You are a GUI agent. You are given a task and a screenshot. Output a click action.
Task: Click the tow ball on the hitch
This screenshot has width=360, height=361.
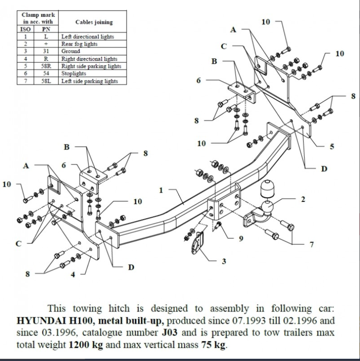[268, 206]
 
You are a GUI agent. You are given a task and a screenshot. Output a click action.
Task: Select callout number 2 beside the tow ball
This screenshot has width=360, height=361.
[302, 199]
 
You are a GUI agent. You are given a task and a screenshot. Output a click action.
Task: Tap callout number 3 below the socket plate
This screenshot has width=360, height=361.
[224, 262]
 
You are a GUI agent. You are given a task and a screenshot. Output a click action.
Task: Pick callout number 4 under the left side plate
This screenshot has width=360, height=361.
[73, 275]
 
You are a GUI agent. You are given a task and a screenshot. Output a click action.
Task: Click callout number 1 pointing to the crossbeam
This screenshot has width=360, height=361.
[161, 190]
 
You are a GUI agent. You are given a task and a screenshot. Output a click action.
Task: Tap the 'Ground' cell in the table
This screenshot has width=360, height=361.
[70, 51]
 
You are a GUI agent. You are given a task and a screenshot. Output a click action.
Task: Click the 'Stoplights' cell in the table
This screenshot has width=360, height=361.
[73, 74]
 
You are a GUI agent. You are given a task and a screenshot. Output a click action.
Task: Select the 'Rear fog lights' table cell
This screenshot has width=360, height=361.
[79, 44]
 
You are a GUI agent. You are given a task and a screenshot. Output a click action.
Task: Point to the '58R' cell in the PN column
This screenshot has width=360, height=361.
[46, 66]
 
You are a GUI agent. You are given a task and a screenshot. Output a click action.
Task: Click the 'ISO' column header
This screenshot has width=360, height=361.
[26, 29]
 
